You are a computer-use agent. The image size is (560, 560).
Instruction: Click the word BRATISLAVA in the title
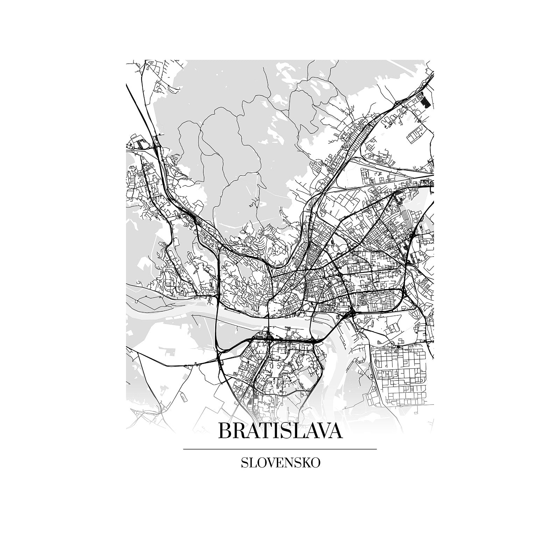pyautogui.click(x=280, y=431)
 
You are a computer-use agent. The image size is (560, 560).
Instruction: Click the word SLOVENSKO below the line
pyautogui.click(x=280, y=463)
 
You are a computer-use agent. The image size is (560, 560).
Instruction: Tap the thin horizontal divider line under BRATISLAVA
pyautogui.click(x=280, y=449)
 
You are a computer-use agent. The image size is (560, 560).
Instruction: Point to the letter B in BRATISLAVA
pyautogui.click(x=225, y=431)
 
